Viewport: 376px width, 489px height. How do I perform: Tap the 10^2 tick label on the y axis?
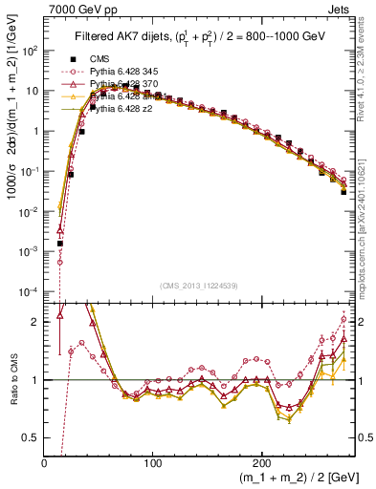click(x=31, y=52)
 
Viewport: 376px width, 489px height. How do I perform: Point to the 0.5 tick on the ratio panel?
click(x=33, y=437)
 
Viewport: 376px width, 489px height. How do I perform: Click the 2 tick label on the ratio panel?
click(x=36, y=322)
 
